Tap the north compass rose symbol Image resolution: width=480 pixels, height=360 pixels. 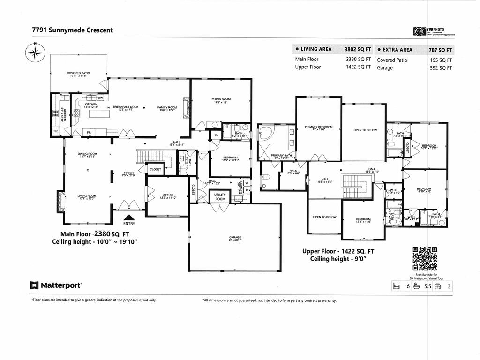35,52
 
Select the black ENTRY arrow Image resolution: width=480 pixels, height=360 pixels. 129,217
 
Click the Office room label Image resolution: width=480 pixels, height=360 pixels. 168,196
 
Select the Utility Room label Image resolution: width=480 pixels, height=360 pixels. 220,196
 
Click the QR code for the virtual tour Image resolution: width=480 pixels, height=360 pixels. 424,259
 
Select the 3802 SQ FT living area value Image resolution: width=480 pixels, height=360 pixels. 357,49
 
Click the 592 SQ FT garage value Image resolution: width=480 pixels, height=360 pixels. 441,68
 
